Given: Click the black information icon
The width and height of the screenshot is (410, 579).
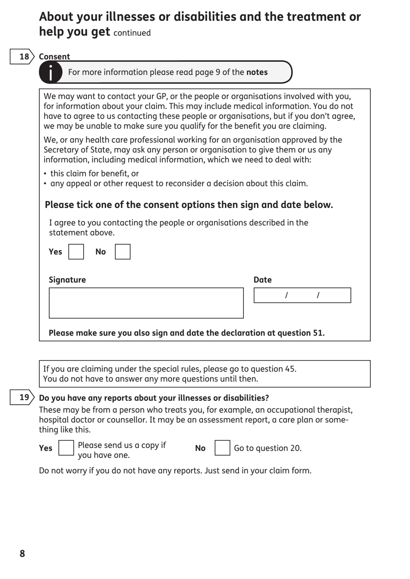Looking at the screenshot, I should point(50,72).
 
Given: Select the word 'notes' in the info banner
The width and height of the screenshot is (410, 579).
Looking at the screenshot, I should point(257,72).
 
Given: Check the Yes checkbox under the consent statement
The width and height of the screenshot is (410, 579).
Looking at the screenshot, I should point(76,252).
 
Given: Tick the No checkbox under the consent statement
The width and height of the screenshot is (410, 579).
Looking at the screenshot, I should point(123,252).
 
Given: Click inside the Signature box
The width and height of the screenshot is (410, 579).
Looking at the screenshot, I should point(146,303).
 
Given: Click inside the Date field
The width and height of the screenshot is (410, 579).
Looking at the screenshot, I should point(302,296).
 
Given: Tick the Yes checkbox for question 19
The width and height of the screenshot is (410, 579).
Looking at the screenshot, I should point(66,448).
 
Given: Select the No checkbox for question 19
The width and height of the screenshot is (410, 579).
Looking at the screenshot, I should point(222,448).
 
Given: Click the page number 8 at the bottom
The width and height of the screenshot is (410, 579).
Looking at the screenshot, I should point(22,554).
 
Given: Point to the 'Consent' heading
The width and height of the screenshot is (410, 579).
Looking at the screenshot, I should point(54,57).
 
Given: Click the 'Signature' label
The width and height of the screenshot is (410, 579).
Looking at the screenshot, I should point(67,280).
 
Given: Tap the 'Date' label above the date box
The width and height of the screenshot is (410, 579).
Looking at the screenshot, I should point(262,280).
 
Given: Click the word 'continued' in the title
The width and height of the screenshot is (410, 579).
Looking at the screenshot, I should point(132,33).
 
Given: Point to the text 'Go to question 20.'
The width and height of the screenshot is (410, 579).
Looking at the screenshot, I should point(268,448).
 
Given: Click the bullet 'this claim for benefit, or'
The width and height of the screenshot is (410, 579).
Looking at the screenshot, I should point(95,173).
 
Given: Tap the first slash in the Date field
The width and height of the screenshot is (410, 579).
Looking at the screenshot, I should point(286,296).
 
